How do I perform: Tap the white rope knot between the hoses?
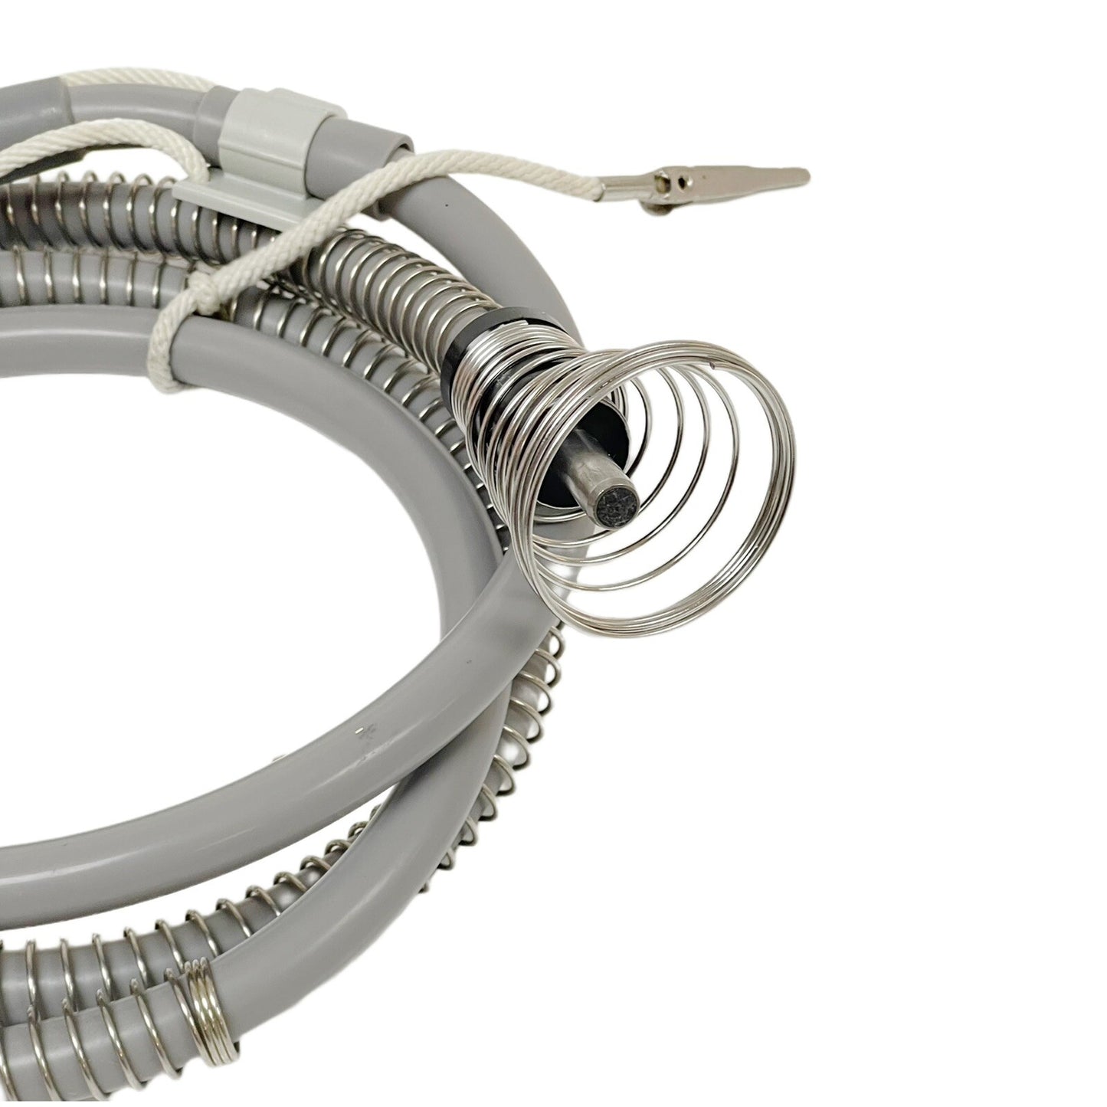pyautogui.click(x=184, y=306)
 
